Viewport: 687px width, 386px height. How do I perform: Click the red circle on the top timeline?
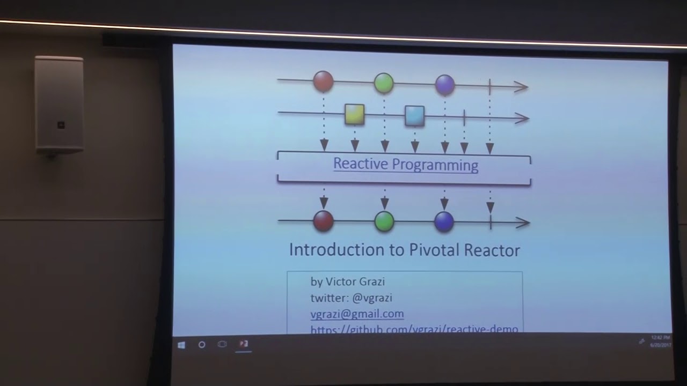click(323, 81)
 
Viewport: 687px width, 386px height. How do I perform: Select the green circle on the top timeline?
click(384, 83)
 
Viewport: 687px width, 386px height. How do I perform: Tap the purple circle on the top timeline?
click(445, 84)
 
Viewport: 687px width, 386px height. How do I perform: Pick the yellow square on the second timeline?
click(355, 114)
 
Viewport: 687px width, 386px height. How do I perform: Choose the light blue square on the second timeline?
click(414, 115)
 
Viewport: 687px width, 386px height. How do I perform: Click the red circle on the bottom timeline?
click(323, 221)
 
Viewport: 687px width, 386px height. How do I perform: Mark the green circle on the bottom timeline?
click(384, 221)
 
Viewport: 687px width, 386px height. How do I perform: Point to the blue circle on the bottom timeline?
click(444, 222)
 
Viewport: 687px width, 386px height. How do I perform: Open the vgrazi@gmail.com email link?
click(357, 314)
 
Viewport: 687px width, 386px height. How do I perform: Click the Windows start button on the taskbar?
click(181, 345)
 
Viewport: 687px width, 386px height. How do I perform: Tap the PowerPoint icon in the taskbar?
click(244, 344)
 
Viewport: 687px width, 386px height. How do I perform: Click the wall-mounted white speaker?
click(59, 105)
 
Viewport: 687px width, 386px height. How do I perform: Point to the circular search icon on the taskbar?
click(202, 345)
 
